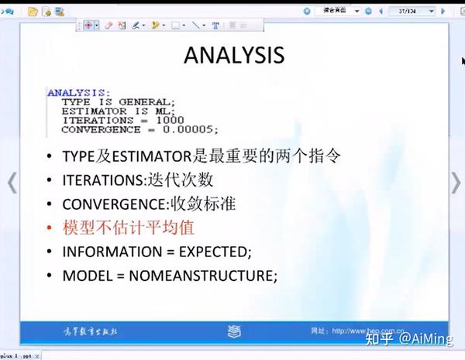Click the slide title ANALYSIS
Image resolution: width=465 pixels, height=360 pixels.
233,55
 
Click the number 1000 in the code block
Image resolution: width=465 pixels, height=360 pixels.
170,120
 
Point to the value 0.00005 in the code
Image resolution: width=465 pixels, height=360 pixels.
194,129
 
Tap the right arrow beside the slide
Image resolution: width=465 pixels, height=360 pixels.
456,182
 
